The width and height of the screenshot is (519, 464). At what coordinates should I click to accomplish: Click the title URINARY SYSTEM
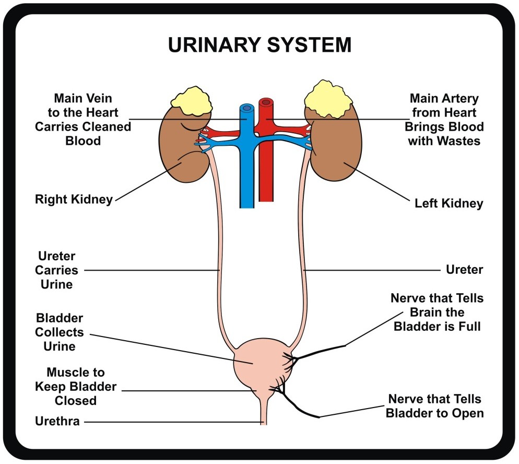pos(259,45)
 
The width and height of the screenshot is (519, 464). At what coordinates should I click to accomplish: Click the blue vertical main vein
pos(247,172)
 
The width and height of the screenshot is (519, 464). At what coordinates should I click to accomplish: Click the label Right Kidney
pos(74,200)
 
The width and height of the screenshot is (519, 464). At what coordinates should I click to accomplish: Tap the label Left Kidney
pos(449,203)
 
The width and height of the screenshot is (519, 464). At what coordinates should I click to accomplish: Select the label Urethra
pos(57,421)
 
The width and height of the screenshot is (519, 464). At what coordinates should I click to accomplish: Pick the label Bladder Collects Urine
pos(59,332)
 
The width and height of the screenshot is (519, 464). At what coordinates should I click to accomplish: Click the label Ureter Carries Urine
pos(57,271)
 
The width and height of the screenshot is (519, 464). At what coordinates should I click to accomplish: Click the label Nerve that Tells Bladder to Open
pos(435,406)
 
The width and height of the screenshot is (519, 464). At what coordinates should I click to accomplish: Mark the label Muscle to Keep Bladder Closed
pos(75,387)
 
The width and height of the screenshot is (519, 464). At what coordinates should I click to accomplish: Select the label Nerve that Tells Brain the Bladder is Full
pos(437,312)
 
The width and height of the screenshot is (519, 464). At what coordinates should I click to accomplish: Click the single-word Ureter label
pos(464,270)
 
